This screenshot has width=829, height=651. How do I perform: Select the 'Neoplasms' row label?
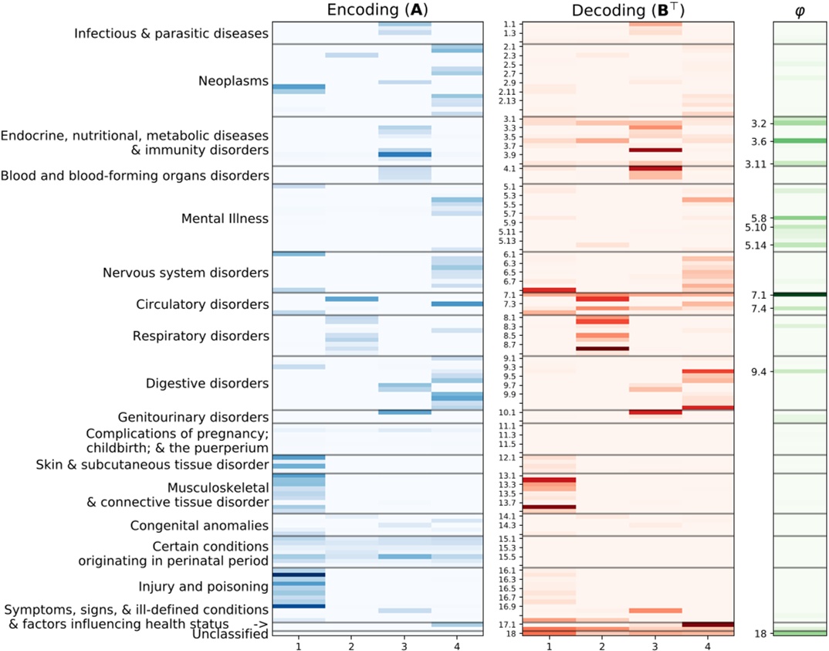233,81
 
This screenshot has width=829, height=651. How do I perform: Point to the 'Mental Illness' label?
225,219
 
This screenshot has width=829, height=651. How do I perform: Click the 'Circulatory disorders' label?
201,304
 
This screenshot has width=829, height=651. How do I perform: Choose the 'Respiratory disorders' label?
201,336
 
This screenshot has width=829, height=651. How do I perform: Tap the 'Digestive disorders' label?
207,384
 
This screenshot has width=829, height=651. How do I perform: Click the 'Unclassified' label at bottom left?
230,634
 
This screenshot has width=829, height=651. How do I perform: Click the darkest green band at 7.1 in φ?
799,294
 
